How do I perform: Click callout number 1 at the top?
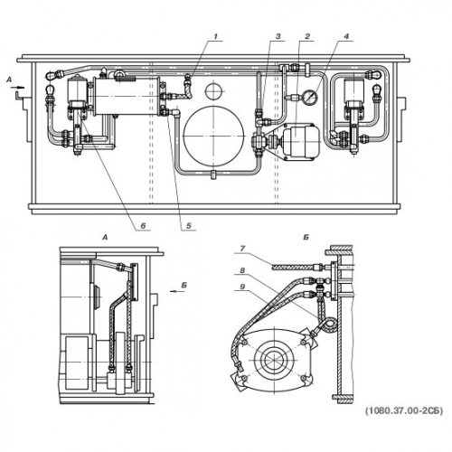[x=215, y=36]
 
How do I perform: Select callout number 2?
[x=307, y=36]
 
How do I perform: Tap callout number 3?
[x=278, y=36]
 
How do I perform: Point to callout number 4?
[x=346, y=36]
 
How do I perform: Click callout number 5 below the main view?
[x=189, y=225]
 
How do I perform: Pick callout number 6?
[x=143, y=225]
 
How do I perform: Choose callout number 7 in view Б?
[x=243, y=249]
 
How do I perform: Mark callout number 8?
[x=243, y=270]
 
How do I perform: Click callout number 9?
[x=243, y=287]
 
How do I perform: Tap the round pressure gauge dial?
[x=310, y=97]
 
